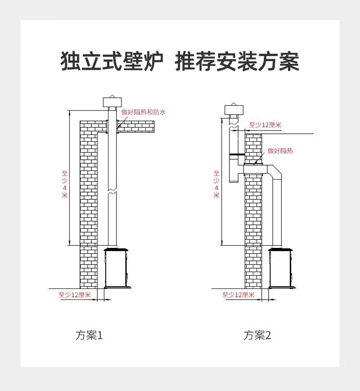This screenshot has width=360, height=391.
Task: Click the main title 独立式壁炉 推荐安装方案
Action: [x=180, y=62]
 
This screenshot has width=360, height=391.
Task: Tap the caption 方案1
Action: [x=90, y=335]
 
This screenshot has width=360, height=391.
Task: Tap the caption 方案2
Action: [x=258, y=335]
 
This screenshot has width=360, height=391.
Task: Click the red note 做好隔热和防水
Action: [x=144, y=112]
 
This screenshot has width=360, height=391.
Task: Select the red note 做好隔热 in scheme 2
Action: [x=280, y=151]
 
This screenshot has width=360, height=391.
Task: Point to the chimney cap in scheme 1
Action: [x=112, y=102]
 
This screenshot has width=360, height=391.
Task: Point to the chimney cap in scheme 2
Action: [x=234, y=110]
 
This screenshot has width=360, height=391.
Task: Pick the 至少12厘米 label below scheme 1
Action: [x=75, y=295]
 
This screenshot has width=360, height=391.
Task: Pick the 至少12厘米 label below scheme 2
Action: [x=238, y=295]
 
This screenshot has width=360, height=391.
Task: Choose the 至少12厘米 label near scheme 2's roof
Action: [x=265, y=125]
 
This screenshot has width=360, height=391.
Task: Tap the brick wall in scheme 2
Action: [x=253, y=225]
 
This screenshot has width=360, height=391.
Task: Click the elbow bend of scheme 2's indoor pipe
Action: [x=274, y=171]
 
